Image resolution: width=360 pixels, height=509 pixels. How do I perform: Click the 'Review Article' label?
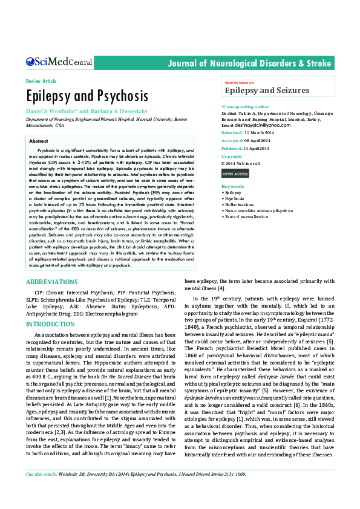pos(41,81)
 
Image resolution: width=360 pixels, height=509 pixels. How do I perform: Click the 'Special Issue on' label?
pos(239,82)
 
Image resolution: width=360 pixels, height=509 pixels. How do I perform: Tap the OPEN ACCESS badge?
pos(235,173)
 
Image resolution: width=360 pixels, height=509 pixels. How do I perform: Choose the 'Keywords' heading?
pos(233,186)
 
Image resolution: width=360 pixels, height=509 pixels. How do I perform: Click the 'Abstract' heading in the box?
pos(39,140)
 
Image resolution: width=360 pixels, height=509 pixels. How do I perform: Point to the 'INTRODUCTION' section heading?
pos(50,324)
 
